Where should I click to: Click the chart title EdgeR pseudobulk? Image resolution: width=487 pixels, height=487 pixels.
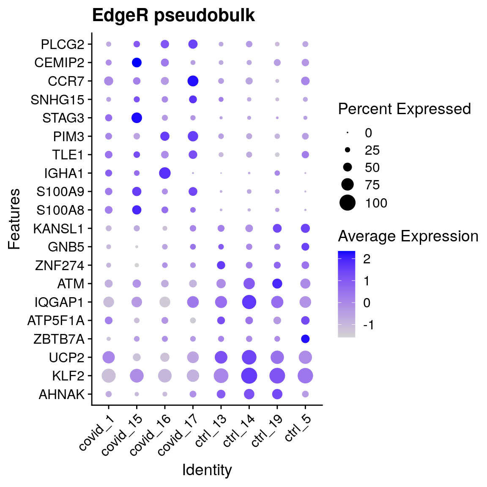[x=173, y=16]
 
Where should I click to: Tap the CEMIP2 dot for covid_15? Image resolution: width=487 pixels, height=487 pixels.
[x=137, y=63]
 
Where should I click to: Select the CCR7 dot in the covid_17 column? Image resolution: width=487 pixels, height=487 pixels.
[x=193, y=81]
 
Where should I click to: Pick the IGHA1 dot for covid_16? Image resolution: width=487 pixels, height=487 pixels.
[x=164, y=173]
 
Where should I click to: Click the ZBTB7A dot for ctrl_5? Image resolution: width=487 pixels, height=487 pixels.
[x=305, y=339]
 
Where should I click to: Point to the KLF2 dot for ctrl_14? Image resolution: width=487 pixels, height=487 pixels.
[x=249, y=375]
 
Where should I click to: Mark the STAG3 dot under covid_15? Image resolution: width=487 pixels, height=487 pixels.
[x=137, y=118]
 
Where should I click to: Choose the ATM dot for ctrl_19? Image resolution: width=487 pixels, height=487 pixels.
[x=277, y=284]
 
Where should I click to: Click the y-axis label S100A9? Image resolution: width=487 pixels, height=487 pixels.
[x=60, y=192]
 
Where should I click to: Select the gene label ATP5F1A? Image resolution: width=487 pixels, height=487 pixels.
[x=56, y=320]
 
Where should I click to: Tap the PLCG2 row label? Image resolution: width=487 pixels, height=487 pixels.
[x=63, y=44]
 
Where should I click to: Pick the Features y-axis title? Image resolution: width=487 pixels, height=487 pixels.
[x=14, y=219]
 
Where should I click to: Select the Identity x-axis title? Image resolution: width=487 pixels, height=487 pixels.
[x=207, y=470]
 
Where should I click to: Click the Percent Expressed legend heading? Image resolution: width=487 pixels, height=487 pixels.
[x=404, y=109]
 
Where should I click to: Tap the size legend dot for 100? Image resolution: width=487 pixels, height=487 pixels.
[x=347, y=203]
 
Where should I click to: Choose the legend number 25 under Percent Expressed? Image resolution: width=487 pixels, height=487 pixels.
[x=372, y=150]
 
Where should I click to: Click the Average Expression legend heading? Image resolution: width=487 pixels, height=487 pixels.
[x=408, y=236]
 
